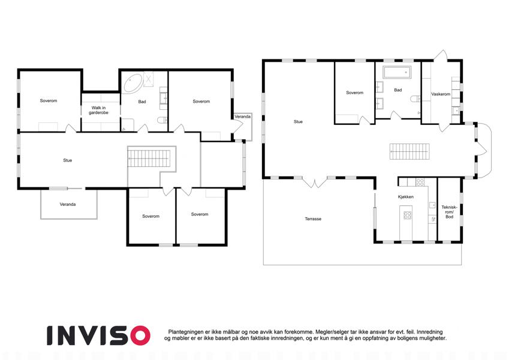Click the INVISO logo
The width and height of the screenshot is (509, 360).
[99, 335]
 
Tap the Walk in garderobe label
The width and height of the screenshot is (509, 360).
[98, 110]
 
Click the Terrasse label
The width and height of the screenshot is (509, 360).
[313, 219]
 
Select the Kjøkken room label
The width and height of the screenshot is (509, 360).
[405, 197]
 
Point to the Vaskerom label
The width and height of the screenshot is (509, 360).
[441, 94]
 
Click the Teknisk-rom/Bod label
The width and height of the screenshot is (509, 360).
[449, 212]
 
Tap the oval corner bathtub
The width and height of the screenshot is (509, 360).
[133, 83]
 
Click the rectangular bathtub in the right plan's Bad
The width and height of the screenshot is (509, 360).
[397, 73]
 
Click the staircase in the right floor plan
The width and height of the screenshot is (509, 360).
[409, 151]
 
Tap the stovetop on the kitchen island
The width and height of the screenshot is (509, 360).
[408, 215]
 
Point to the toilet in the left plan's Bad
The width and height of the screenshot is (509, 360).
[162, 121]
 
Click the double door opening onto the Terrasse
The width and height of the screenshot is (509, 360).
[314, 182]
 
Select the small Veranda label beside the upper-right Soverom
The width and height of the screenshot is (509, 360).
[242, 116]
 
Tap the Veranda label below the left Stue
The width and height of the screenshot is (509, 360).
[68, 205]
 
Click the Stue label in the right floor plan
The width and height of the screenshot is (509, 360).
[298, 122]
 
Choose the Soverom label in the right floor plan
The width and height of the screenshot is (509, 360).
[354, 92]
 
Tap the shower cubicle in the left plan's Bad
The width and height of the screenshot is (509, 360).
[148, 78]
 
